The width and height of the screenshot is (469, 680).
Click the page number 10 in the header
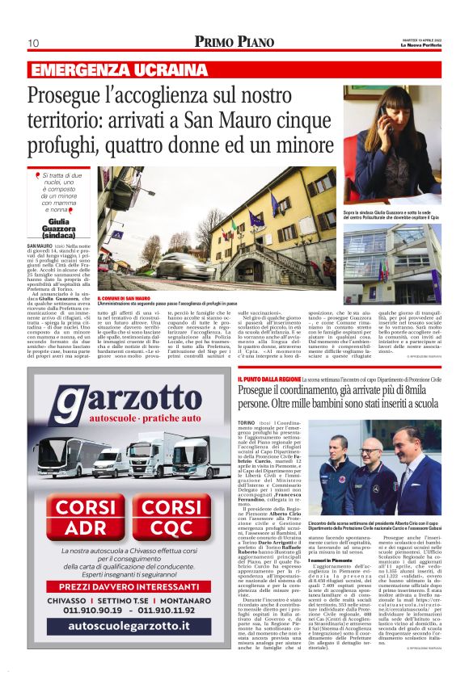pyautogui.click(x=33, y=43)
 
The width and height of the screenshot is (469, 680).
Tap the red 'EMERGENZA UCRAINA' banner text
pyautogui.click(x=119, y=69)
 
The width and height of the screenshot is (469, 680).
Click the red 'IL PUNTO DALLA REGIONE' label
pyautogui.click(x=269, y=380)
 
